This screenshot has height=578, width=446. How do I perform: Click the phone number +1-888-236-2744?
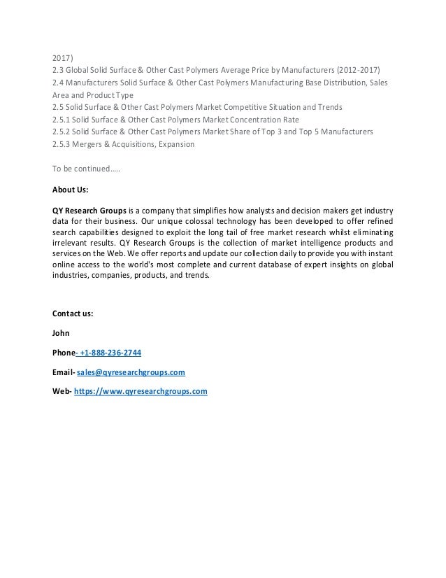tap(111, 352)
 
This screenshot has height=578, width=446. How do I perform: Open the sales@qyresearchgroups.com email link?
tap(131, 372)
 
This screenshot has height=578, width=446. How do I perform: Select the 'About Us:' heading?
tap(70, 190)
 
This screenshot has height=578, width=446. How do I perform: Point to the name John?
tap(62, 332)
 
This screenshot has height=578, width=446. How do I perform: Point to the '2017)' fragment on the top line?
tap(64, 57)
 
